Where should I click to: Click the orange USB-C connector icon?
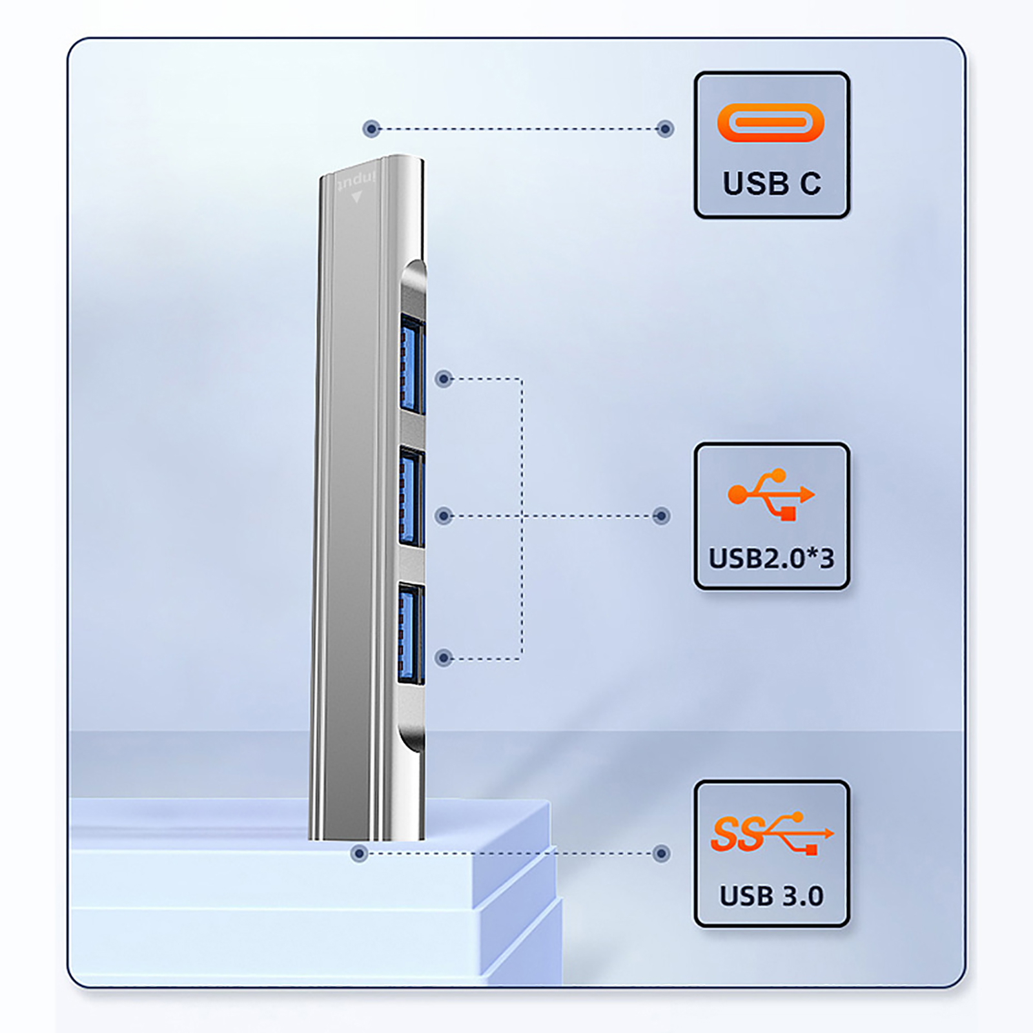(770, 122)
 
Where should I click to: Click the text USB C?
(772, 183)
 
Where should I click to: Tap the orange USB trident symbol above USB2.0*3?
(771, 495)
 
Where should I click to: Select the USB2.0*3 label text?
(772, 558)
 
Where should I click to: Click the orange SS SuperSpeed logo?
(772, 834)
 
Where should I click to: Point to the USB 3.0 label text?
(772, 896)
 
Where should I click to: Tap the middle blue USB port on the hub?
(411, 497)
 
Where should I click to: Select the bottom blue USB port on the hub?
(411, 633)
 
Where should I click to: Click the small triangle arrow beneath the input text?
(356, 198)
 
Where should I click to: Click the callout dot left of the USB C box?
(665, 128)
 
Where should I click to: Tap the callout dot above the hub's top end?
(371, 128)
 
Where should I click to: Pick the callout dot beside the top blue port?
(444, 379)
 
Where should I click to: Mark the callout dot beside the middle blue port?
(444, 516)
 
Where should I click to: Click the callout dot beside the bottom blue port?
(444, 658)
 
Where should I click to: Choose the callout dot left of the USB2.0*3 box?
(661, 516)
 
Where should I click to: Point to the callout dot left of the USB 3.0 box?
(661, 854)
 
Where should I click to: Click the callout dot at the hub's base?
(360, 854)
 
